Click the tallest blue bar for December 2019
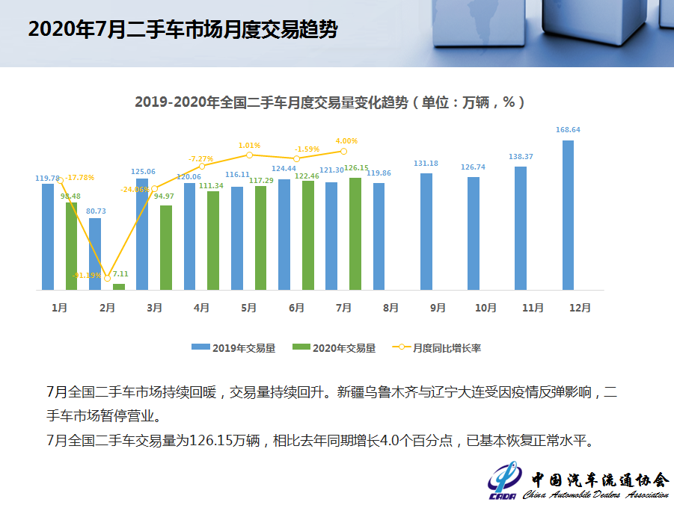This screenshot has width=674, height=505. [x=569, y=215]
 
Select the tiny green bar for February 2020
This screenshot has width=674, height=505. [x=119, y=286]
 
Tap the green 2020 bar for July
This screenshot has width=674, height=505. [x=355, y=234]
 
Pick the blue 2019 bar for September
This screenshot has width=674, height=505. [x=426, y=232]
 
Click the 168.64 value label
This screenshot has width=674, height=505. [x=569, y=130]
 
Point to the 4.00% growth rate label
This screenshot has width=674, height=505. [x=346, y=140]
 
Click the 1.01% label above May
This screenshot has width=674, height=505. [x=249, y=145]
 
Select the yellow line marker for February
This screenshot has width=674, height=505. [x=108, y=278]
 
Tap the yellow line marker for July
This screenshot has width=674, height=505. [x=343, y=152]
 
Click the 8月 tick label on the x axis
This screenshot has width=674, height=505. [x=390, y=308]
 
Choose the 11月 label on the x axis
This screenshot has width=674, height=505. [x=533, y=308]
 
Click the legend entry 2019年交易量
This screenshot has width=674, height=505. [x=233, y=347]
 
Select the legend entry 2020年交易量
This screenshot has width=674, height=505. [x=334, y=347]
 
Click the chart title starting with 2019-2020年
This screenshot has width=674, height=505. [x=329, y=102]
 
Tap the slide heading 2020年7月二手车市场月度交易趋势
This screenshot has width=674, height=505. [x=183, y=30]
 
